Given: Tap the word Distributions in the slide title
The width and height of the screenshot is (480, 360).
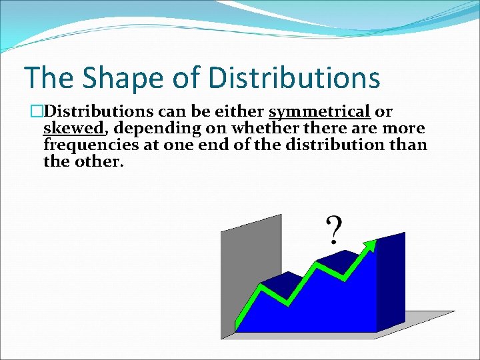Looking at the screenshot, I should click(x=294, y=78).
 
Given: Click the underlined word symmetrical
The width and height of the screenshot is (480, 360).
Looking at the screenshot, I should click(x=320, y=111).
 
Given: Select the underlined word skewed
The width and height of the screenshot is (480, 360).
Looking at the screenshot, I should click(x=73, y=127).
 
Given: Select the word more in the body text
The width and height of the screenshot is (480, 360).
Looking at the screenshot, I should click(x=403, y=127).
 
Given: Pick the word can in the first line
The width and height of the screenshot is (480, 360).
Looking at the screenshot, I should click(x=170, y=111).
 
